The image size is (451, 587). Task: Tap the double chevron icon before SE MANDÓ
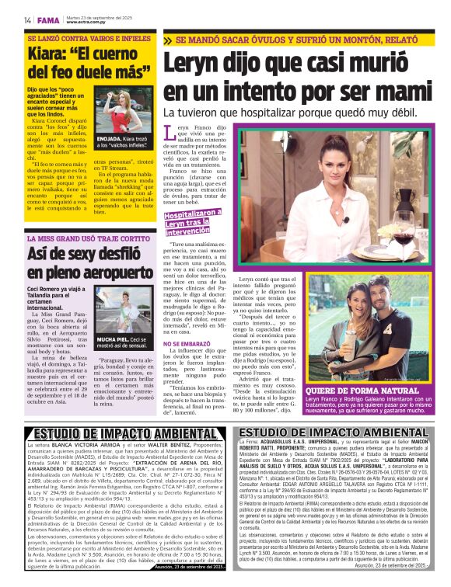click(168, 39)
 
